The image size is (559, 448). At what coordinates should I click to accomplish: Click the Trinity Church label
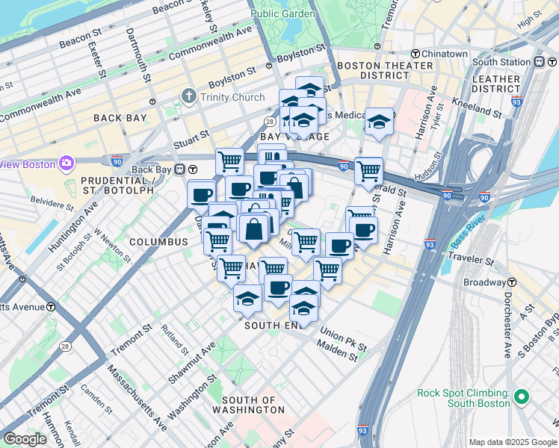pos(232,97)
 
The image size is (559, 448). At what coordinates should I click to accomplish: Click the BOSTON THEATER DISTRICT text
pos(385,71)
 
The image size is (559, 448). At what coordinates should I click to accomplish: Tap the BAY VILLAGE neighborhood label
pos(294,137)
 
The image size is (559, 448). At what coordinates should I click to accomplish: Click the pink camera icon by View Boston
pos(67,163)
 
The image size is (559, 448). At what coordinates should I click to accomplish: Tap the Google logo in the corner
pos(25,439)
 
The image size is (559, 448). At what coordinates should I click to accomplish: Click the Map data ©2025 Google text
pos(512,442)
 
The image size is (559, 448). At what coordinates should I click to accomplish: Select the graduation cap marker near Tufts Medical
pos(379,121)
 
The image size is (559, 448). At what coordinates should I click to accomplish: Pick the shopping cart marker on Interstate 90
pos(368,171)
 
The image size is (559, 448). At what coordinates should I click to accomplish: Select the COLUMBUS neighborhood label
pos(158,242)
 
